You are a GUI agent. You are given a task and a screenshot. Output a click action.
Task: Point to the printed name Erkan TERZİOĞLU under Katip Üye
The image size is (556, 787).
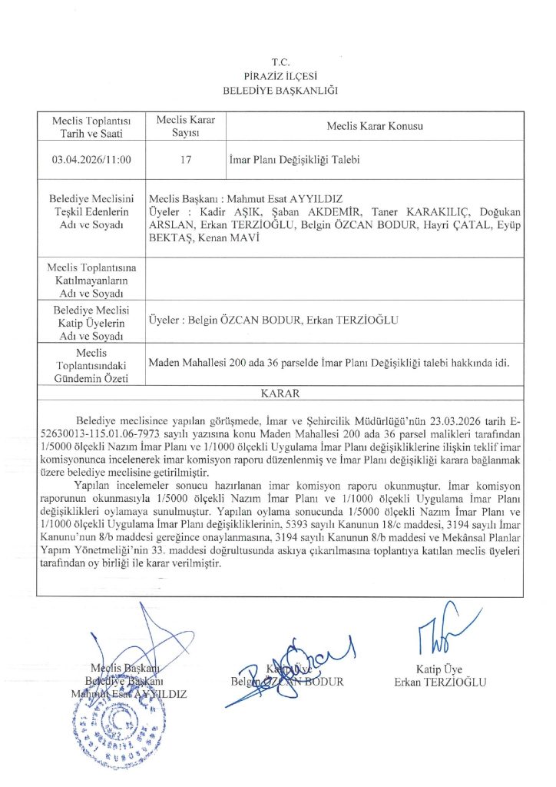click(440, 682)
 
